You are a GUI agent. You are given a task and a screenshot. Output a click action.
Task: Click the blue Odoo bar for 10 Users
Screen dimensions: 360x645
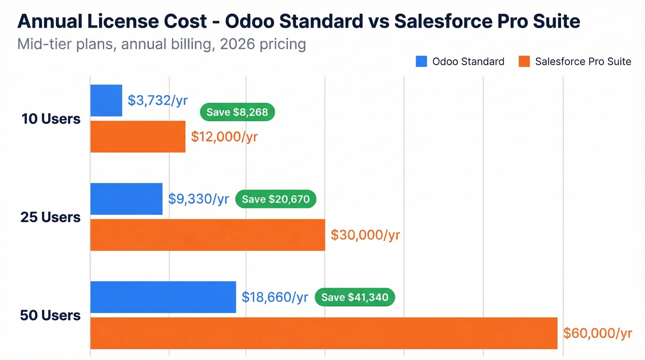tap(106, 100)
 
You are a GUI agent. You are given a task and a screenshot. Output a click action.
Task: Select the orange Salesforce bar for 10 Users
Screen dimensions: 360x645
tap(138, 136)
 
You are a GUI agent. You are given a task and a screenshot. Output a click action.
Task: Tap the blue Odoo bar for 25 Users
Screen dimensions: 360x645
tap(126, 199)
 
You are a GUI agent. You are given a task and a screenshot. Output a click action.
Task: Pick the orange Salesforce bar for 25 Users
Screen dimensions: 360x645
tap(207, 235)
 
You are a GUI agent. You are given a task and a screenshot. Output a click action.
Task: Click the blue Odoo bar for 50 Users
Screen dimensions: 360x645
tap(163, 297)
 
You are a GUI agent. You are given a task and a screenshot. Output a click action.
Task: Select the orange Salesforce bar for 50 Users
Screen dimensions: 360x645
tap(323, 333)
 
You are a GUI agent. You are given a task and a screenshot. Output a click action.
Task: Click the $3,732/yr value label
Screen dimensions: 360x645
tap(158, 100)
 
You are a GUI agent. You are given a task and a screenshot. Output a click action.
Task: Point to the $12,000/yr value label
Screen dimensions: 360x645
tap(224, 137)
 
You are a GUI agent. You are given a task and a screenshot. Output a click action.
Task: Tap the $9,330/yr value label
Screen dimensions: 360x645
tap(198, 199)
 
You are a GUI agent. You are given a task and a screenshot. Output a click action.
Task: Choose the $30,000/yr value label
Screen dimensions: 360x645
tap(365, 235)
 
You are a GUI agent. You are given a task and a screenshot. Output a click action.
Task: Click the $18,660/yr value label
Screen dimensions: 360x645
tap(275, 297)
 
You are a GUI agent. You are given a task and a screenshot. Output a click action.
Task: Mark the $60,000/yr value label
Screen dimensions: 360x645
tap(598, 333)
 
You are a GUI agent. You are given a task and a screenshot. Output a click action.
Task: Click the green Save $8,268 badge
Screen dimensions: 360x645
tap(237, 112)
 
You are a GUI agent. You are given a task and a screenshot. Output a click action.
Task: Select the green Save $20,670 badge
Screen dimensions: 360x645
tap(276, 199)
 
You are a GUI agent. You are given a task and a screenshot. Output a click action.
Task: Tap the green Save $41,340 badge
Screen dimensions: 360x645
tap(355, 297)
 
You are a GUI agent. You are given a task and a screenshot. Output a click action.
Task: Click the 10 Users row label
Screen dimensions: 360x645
tap(51, 119)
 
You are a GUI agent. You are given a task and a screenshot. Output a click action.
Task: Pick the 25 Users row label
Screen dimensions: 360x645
tap(51, 217)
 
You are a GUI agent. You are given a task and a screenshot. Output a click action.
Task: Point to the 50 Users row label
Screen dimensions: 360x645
tap(51, 316)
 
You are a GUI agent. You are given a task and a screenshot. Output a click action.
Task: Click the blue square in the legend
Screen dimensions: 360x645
tap(421, 61)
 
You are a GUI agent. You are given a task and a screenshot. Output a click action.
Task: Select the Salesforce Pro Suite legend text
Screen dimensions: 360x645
tap(583, 61)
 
